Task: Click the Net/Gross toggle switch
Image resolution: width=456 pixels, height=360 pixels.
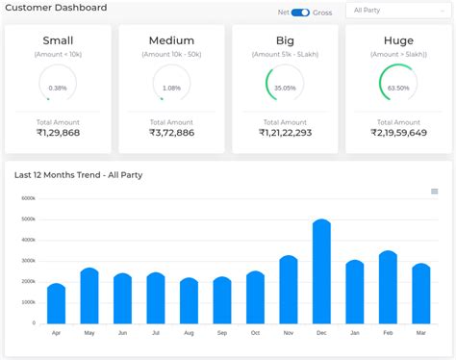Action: [300, 12]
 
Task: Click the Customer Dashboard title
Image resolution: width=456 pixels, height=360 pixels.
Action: [57, 8]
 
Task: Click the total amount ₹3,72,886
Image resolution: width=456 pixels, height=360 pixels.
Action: [171, 133]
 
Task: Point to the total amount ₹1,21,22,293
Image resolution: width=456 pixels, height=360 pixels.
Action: [285, 133]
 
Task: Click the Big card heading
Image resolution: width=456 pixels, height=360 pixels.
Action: [285, 40]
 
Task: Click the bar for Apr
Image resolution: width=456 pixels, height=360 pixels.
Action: [57, 304]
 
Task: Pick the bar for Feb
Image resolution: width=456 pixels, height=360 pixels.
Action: [388, 288]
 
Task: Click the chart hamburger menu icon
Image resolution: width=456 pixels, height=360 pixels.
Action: [434, 192]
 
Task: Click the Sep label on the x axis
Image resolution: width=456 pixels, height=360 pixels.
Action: [222, 333]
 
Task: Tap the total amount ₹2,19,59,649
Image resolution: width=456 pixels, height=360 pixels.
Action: [397, 133]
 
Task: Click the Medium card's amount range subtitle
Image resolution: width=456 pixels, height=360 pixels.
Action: [171, 55]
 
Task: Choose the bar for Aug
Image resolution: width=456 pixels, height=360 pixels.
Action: [190, 301]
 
